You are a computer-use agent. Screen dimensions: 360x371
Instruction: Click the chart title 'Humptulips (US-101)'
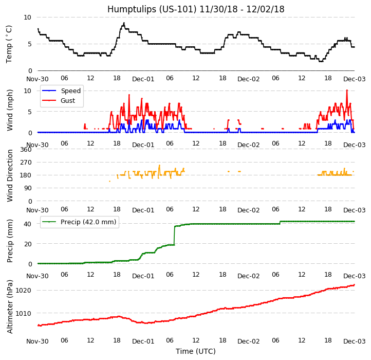point(195,9)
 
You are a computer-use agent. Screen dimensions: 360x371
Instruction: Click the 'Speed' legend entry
point(70,91)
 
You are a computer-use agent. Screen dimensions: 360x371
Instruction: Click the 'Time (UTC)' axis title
point(195,351)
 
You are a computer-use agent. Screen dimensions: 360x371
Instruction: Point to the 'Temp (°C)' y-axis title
point(10,44)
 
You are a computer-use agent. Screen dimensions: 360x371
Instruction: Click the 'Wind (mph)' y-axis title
point(10,110)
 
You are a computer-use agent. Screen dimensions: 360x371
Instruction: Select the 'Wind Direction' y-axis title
point(10,175)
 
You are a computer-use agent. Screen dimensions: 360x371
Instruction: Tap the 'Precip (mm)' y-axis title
point(10,241)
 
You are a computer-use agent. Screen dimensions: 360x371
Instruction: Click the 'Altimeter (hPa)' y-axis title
point(10,307)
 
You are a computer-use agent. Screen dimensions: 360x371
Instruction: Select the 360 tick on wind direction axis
point(26,150)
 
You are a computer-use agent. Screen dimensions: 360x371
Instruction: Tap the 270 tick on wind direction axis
point(26,163)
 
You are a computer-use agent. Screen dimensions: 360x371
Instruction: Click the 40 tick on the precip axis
point(28,224)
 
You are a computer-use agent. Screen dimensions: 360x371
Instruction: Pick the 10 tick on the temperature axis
point(28,17)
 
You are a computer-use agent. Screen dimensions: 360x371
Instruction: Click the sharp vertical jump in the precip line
point(174,235)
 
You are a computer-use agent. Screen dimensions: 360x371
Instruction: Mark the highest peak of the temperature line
point(124,23)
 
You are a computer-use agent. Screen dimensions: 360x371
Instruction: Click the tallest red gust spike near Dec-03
point(347,91)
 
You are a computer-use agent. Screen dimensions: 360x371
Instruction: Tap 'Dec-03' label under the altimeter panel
point(355,341)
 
